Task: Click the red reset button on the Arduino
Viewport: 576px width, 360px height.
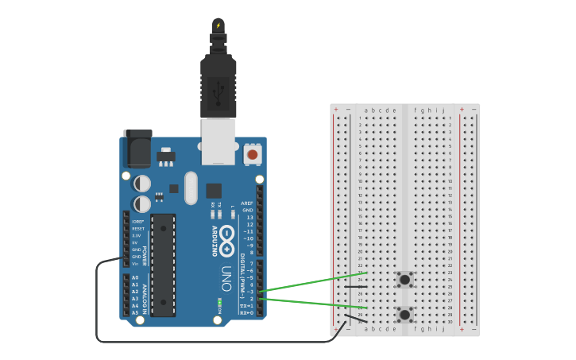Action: (x=253, y=154)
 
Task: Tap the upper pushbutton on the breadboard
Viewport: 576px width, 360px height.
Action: (x=405, y=279)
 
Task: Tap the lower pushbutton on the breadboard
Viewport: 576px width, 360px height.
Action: (x=405, y=314)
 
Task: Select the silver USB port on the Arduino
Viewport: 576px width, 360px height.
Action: (x=218, y=141)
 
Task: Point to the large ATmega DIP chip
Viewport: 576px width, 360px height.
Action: (x=163, y=265)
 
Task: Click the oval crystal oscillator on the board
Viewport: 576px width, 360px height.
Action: (x=191, y=188)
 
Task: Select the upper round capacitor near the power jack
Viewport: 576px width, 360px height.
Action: (x=142, y=184)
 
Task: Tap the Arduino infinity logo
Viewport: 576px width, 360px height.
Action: (x=227, y=237)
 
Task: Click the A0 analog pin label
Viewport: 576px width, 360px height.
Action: (x=135, y=277)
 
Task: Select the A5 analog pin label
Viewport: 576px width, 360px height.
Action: (x=135, y=312)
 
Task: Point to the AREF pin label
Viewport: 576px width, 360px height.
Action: (x=247, y=203)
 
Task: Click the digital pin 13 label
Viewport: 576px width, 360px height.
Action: (x=249, y=217)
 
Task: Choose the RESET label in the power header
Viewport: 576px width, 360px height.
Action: (x=137, y=228)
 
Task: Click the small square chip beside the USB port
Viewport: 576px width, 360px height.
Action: (x=214, y=191)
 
